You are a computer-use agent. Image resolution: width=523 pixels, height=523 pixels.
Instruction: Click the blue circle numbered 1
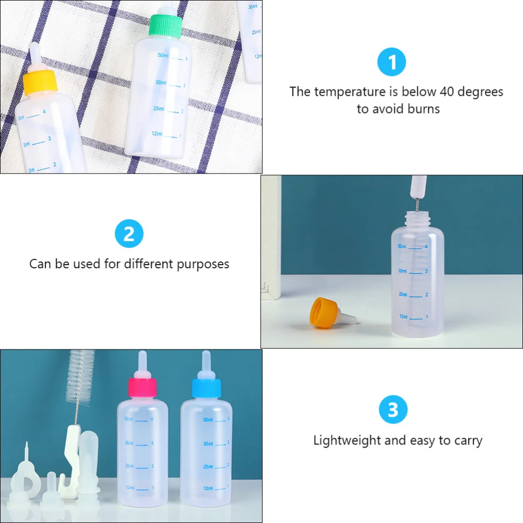(x=392, y=63)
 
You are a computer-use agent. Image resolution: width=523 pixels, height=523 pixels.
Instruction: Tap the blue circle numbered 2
(x=129, y=234)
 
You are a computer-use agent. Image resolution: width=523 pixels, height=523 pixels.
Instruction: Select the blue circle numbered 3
(x=393, y=410)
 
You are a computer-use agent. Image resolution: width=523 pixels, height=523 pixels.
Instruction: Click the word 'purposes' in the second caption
(x=203, y=264)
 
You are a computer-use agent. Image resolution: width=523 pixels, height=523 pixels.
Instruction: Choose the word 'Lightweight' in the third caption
(x=347, y=440)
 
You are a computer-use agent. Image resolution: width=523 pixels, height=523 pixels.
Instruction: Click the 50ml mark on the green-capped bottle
(x=163, y=55)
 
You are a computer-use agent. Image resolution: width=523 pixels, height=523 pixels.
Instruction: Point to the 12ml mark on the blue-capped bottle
(x=208, y=488)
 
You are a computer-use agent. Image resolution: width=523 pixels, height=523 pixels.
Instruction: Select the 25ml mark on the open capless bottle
(x=403, y=294)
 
